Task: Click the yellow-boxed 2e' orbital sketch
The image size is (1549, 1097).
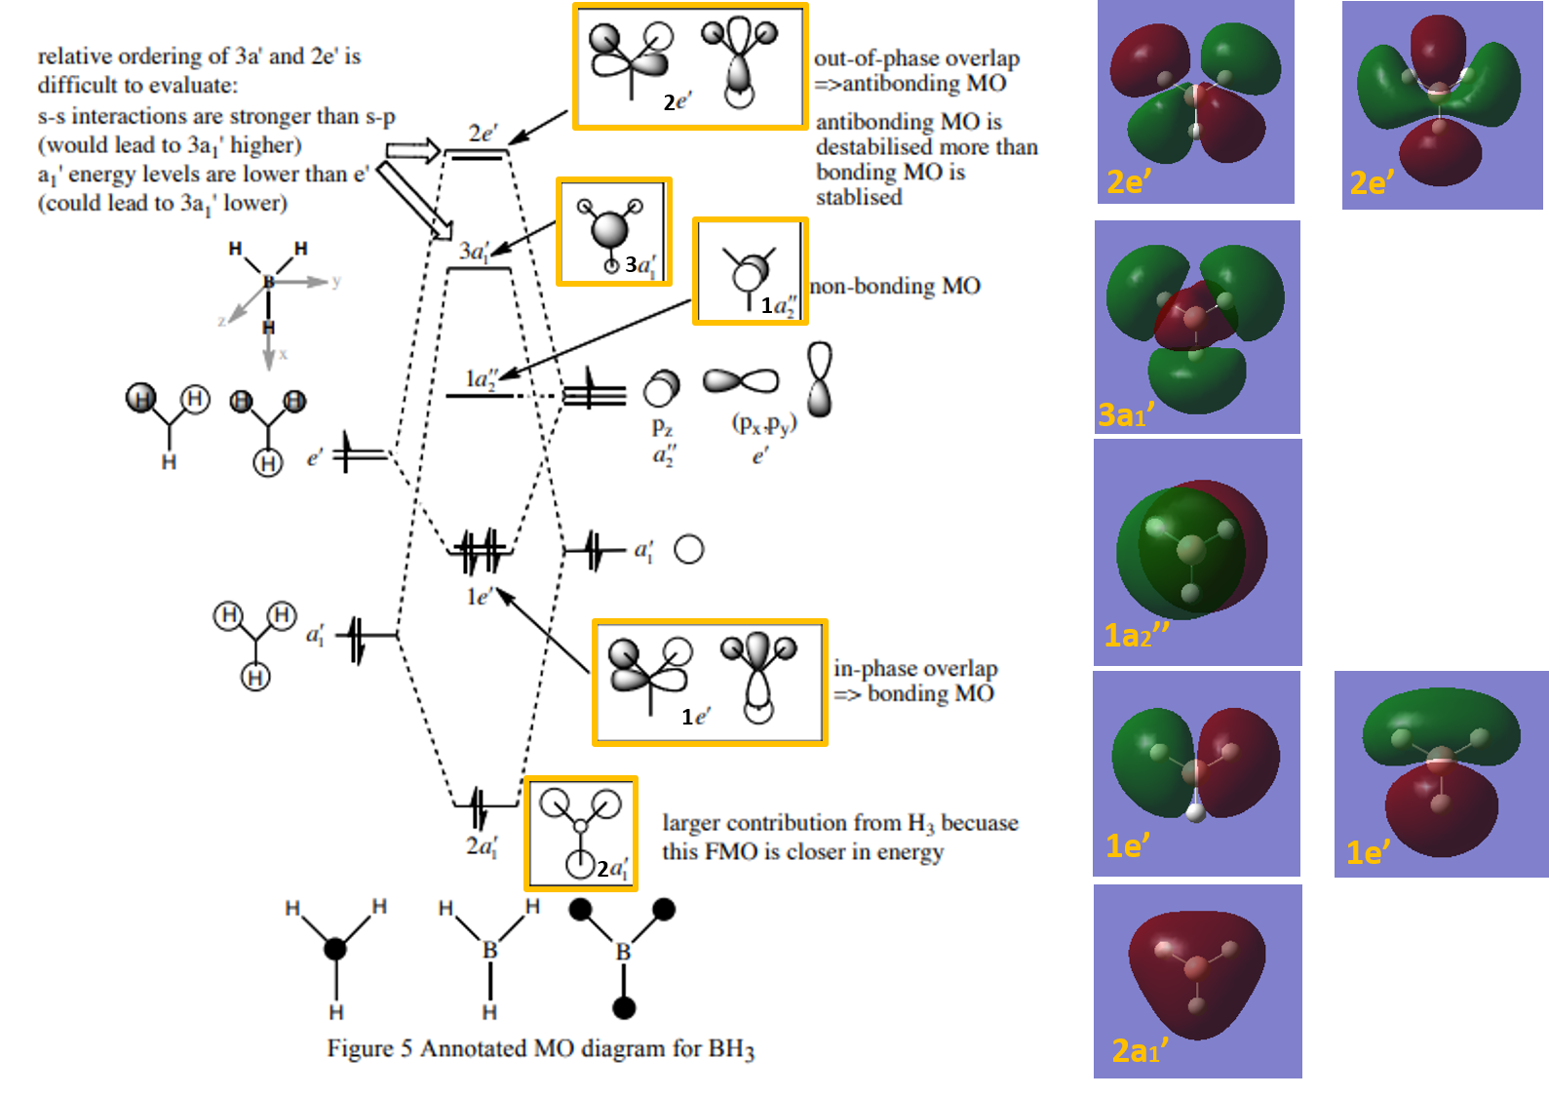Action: (690, 66)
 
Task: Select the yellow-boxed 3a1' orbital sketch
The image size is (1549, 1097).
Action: (613, 231)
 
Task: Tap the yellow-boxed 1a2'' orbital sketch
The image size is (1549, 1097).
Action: (750, 271)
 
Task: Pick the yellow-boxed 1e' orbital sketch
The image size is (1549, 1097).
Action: (709, 682)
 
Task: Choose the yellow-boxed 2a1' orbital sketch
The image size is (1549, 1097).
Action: (581, 833)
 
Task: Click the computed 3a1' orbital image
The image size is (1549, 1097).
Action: (1197, 327)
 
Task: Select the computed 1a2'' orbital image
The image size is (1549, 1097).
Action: (1197, 552)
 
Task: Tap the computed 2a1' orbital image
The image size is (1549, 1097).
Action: (1197, 980)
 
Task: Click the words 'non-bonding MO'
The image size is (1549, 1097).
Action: (895, 286)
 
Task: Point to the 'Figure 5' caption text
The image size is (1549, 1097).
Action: (541, 1048)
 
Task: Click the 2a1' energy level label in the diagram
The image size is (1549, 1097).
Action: (482, 846)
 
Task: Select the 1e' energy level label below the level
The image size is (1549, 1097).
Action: (480, 596)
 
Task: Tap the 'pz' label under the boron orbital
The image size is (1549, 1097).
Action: (662, 427)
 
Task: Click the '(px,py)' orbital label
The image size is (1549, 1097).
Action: (764, 424)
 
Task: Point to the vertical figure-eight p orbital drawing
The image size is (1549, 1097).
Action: (820, 379)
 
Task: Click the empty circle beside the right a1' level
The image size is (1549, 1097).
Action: (689, 550)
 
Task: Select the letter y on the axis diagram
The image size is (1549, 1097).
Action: (336, 281)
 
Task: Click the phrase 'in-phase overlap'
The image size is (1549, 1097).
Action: (915, 668)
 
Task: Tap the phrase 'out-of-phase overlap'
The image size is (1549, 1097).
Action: (916, 59)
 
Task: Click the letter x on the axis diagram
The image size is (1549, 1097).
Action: (284, 354)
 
